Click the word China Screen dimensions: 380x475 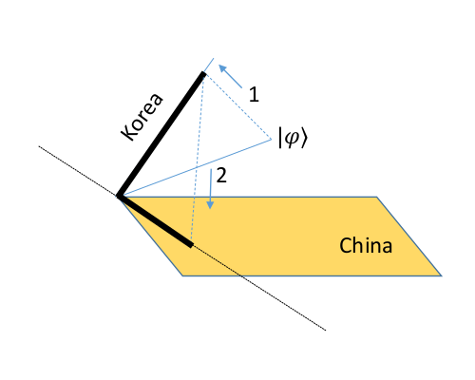click(x=367, y=246)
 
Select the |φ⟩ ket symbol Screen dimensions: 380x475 click(x=293, y=139)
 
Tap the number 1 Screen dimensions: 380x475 click(x=253, y=94)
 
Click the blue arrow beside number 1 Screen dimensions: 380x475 click(x=228, y=73)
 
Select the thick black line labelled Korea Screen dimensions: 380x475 click(x=161, y=135)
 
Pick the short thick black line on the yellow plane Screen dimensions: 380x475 click(x=156, y=221)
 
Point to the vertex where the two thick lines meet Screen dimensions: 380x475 click(x=120, y=197)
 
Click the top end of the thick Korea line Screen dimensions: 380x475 click(x=203, y=73)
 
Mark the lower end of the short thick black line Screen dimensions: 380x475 click(x=192, y=246)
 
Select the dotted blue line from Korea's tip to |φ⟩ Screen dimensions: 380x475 click(x=239, y=106)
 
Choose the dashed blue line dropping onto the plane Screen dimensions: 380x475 click(x=198, y=161)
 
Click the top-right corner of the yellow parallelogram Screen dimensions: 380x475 click(x=377, y=198)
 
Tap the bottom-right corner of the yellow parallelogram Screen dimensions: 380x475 click(x=442, y=275)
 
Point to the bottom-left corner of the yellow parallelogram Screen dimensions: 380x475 click(x=182, y=275)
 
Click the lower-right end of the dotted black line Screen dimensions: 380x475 click(x=327, y=331)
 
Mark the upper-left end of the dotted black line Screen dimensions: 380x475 click(x=38, y=146)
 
